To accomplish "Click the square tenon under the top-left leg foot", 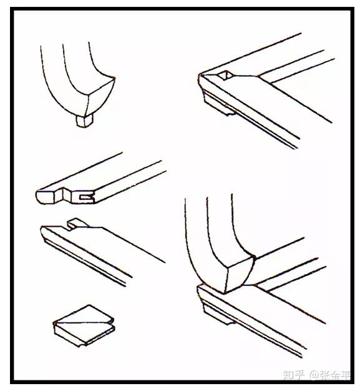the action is point(85,121).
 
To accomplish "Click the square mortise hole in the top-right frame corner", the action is point(225,76).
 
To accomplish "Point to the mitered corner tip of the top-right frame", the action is point(199,74).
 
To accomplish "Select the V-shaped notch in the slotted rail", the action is point(63,195).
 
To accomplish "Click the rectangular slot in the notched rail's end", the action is point(87,197).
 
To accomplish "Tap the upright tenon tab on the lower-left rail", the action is point(78,223).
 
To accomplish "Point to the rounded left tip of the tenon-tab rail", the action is point(42,230).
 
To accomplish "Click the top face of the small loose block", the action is point(84,315).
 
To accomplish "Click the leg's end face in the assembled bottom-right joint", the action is point(239,274).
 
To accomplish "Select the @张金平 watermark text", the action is point(329,375).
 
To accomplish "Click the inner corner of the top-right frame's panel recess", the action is point(260,76).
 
